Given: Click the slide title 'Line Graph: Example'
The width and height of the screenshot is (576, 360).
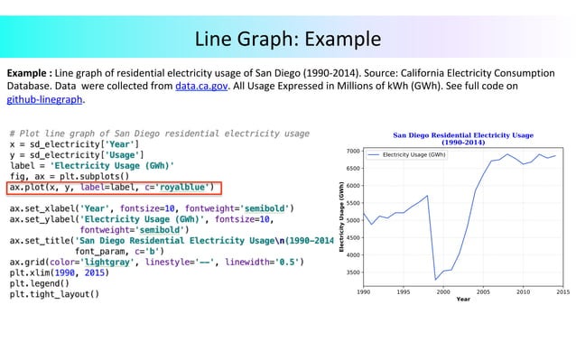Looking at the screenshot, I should click(289, 40).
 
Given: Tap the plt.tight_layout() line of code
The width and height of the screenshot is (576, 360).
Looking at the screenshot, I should click(54, 294).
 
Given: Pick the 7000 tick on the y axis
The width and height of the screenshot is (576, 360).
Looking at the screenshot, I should click(352, 152).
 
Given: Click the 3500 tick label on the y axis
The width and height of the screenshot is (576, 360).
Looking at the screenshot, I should click(352, 272).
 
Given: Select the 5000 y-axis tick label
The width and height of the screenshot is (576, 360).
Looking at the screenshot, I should click(352, 221).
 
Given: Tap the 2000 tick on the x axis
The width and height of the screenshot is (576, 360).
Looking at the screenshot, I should click(443, 291).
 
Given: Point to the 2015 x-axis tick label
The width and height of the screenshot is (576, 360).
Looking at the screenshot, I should click(562, 291).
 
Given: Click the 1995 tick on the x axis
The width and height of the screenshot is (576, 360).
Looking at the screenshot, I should click(404, 291).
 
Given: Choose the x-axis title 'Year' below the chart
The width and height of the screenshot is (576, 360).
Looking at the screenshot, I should click(462, 300).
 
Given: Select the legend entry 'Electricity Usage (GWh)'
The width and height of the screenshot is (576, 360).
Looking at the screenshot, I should click(413, 155).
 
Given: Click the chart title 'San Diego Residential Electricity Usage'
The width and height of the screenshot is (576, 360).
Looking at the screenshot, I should click(462, 135).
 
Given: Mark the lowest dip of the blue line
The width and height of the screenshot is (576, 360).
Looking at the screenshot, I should click(436, 279).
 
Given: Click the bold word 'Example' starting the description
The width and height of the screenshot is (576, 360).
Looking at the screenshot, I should click(29, 72).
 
